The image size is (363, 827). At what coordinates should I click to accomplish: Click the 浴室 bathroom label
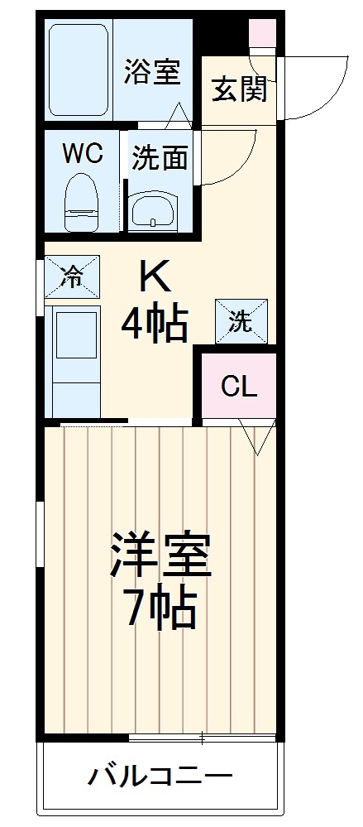click(x=152, y=72)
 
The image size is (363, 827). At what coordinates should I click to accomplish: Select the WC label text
click(x=83, y=153)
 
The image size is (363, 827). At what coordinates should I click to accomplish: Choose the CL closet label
click(x=238, y=386)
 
